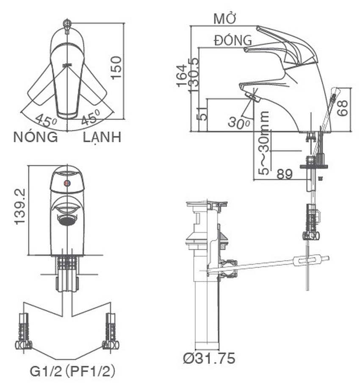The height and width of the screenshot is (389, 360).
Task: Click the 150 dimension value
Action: (x=116, y=68)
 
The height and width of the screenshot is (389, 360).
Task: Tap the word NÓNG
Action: (x=36, y=137)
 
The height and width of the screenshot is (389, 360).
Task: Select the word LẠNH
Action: (x=102, y=137)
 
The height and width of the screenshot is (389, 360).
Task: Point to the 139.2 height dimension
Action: (x=20, y=206)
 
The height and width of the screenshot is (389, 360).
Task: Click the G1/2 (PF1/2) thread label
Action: (x=72, y=371)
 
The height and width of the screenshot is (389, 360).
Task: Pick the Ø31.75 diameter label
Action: (x=209, y=358)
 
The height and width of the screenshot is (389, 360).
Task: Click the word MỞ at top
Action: (x=224, y=19)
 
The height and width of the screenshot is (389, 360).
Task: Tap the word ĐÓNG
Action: (x=233, y=40)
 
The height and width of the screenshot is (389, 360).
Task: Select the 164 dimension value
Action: (x=182, y=75)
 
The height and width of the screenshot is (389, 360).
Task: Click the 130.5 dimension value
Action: (x=194, y=75)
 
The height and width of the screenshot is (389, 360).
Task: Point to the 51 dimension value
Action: (x=203, y=114)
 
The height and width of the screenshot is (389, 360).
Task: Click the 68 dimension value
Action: (x=342, y=108)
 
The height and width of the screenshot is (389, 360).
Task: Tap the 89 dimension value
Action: (x=284, y=174)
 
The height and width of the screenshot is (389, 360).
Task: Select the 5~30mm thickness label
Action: (x=263, y=143)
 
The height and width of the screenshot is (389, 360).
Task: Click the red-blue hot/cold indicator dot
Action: (x=67, y=183)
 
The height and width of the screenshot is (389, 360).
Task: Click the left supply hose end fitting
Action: (x=24, y=331)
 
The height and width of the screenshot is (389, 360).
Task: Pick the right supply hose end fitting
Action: (x=111, y=331)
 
